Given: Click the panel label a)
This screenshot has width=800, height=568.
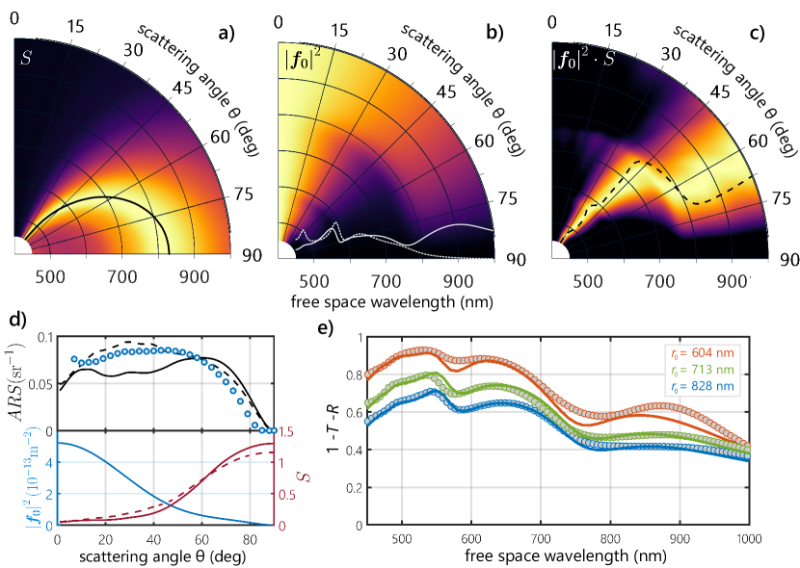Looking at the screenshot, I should [227, 34].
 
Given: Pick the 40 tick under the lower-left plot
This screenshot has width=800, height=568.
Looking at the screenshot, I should [153, 539].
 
